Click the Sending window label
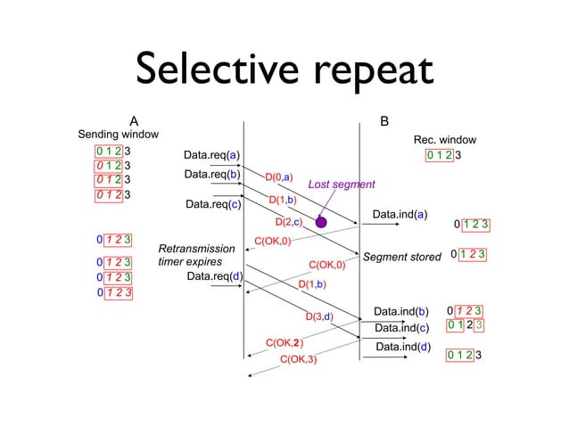[x=120, y=134]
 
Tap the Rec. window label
[x=444, y=140]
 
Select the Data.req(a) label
[x=211, y=155]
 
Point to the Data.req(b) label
[x=212, y=174]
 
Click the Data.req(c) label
[x=213, y=204]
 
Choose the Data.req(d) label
[x=215, y=276]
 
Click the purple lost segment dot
[x=321, y=222]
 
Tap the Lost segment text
[x=341, y=185]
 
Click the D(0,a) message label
[x=279, y=178]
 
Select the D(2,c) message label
[x=289, y=221]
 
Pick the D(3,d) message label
[x=318, y=316]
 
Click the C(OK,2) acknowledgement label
[x=284, y=342]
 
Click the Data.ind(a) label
[x=400, y=214]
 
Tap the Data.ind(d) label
[x=403, y=347]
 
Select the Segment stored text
[x=402, y=257]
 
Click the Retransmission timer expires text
[x=196, y=255]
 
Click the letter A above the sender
[x=134, y=120]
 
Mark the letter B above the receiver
[x=384, y=120]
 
